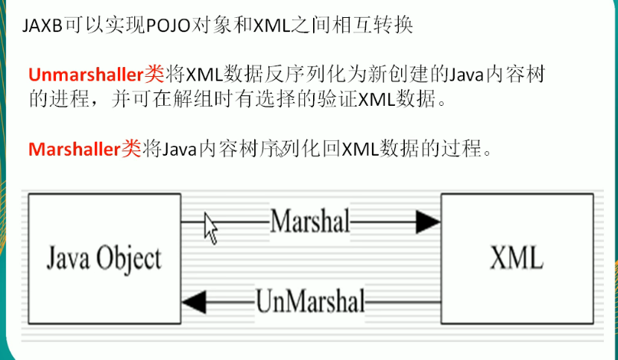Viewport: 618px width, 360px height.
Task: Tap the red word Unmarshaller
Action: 85,75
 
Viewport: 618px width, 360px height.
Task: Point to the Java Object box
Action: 104,259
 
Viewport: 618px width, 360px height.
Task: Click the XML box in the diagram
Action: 517,259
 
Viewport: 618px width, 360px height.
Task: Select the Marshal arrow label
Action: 309,221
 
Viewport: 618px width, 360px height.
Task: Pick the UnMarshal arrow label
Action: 310,302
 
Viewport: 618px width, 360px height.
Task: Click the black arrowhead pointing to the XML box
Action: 428,221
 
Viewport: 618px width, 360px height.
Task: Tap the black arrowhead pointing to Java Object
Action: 194,302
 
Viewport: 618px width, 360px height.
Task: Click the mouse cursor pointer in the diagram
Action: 210,227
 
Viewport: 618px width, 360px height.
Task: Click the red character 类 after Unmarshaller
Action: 153,75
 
